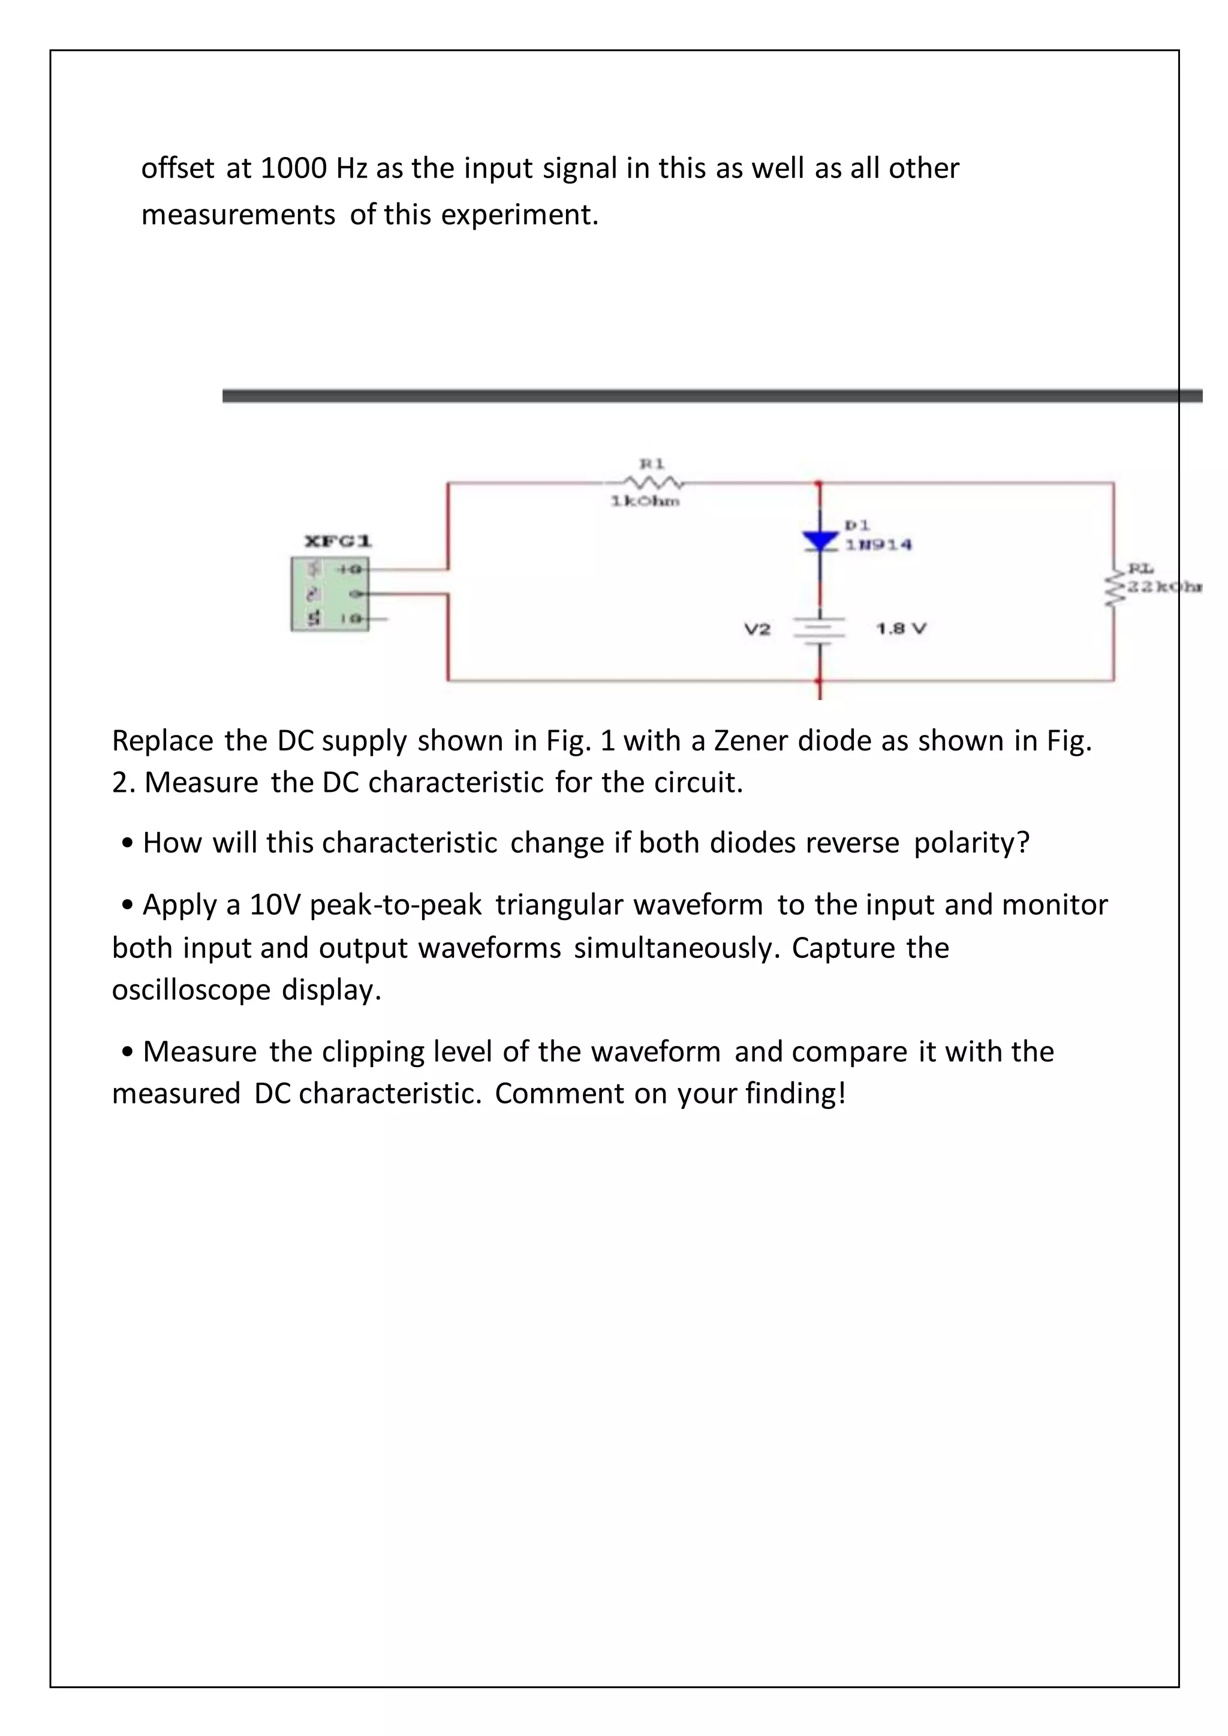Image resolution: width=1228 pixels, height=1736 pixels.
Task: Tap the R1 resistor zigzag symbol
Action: point(652,481)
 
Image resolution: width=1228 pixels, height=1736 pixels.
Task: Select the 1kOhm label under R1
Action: point(645,501)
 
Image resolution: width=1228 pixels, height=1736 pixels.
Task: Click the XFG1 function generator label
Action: point(337,541)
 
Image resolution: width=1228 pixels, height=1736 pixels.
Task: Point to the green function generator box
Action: point(330,594)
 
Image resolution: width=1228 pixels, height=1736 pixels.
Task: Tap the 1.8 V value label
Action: point(901,628)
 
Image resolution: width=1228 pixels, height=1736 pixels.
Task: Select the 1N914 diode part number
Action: point(878,544)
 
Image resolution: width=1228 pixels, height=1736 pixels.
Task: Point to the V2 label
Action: point(757,629)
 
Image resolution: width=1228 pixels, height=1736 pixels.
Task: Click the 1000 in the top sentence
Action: point(293,168)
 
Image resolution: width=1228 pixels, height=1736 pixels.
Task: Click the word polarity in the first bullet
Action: point(971,842)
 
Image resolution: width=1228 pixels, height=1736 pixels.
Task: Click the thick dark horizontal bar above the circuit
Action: point(711,396)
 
